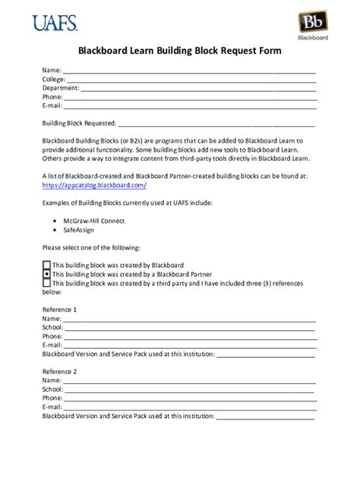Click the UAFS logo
point(55,22)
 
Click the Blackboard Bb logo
point(308,24)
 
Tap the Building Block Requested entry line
point(216,124)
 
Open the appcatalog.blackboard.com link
point(94,185)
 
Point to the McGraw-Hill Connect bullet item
point(94,222)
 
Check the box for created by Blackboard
point(46,265)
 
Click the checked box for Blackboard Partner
point(46,274)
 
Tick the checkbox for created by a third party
point(46,283)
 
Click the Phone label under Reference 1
point(52,336)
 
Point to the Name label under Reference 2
point(51,380)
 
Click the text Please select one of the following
point(91,248)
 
